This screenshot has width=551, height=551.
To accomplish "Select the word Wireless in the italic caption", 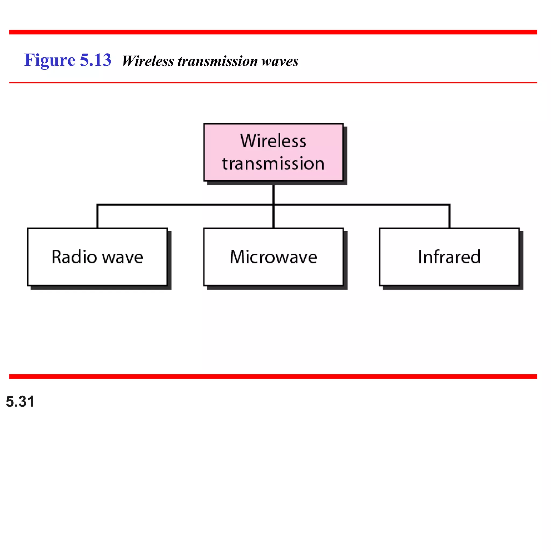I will [148, 61].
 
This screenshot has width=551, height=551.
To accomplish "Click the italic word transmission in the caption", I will [218, 61].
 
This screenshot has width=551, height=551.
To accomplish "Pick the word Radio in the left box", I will [74, 257].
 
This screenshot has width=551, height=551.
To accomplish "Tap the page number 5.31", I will [20, 402].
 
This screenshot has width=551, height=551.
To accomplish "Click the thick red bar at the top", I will [273, 32].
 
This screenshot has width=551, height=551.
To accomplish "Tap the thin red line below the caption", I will [273, 83].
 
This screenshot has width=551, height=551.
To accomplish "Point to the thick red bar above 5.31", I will [273, 376].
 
